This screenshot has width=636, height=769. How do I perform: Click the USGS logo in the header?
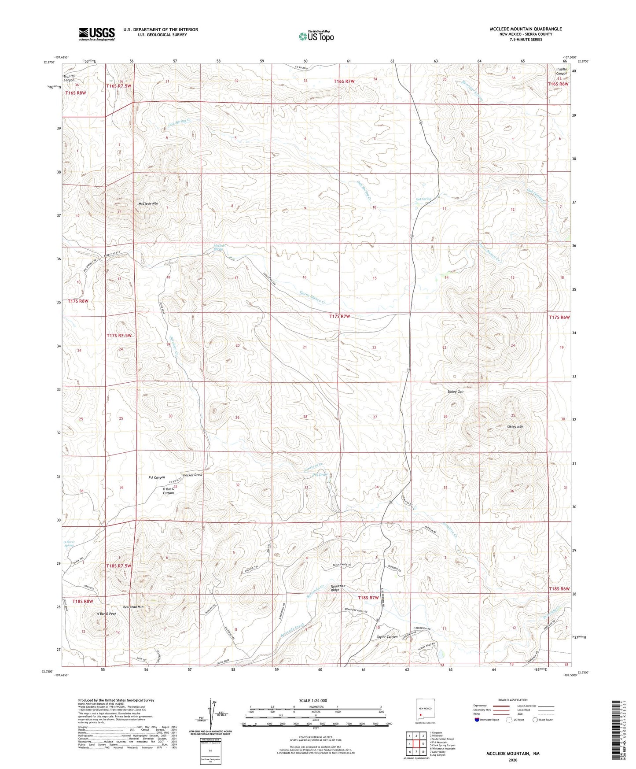click(97, 34)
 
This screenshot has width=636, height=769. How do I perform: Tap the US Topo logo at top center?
click(316, 36)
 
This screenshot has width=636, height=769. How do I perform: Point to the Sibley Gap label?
click(455, 392)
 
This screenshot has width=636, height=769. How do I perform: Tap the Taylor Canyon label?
click(387, 637)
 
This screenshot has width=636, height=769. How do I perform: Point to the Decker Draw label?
click(192, 475)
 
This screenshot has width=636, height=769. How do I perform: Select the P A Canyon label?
click(157, 477)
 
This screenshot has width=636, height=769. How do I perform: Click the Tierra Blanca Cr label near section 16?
click(312, 299)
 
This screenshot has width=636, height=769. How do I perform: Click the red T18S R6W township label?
click(559, 589)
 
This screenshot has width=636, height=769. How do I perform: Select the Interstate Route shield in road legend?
click(478, 720)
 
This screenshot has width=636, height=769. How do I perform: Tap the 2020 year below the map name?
click(513, 760)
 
